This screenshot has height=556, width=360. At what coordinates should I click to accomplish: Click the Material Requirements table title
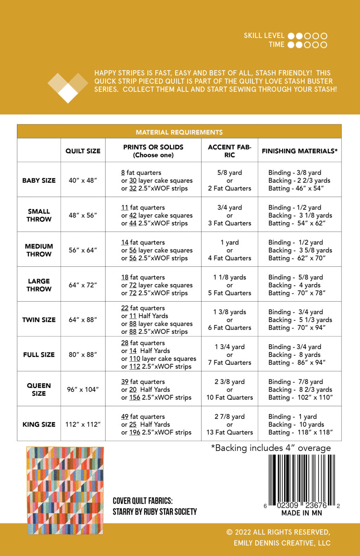pyautogui.click(x=179, y=132)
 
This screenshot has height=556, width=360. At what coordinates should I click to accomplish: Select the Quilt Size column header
pyautogui.click(x=83, y=151)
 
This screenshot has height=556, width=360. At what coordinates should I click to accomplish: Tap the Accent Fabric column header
pyautogui.click(x=230, y=151)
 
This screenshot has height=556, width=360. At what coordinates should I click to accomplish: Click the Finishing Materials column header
pyautogui.click(x=300, y=151)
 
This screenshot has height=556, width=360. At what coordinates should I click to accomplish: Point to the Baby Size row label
pyautogui.click(x=39, y=180)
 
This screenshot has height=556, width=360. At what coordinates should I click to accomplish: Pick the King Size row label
pyautogui.click(x=39, y=424)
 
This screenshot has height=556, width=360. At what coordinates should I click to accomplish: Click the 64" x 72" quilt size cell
pyautogui.click(x=83, y=285)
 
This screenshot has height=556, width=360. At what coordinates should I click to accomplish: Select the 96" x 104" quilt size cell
pyautogui.click(x=83, y=389)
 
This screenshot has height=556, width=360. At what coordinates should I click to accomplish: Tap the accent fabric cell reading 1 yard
pyautogui.click(x=230, y=243)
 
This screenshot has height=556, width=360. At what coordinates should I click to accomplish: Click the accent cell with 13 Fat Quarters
pyautogui.click(x=230, y=432)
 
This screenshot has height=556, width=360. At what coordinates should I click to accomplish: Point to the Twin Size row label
pyautogui.click(x=39, y=320)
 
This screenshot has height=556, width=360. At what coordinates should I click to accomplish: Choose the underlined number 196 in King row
pyautogui.click(x=135, y=432)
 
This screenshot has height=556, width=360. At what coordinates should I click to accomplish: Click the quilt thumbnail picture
pyautogui.click(x=65, y=490)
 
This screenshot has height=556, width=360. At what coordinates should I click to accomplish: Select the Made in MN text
pyautogui.click(x=302, y=513)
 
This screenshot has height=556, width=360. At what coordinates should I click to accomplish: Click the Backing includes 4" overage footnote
pyautogui.click(x=271, y=448)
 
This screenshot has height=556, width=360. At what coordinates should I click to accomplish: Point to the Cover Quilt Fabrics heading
pyautogui.click(x=143, y=501)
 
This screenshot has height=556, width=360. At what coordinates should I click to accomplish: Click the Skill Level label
pyautogui.click(x=264, y=35)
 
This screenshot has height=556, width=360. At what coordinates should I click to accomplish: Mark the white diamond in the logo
pyautogui.click(x=68, y=93)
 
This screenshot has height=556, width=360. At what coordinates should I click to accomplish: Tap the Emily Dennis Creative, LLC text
pyautogui.click(x=282, y=543)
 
